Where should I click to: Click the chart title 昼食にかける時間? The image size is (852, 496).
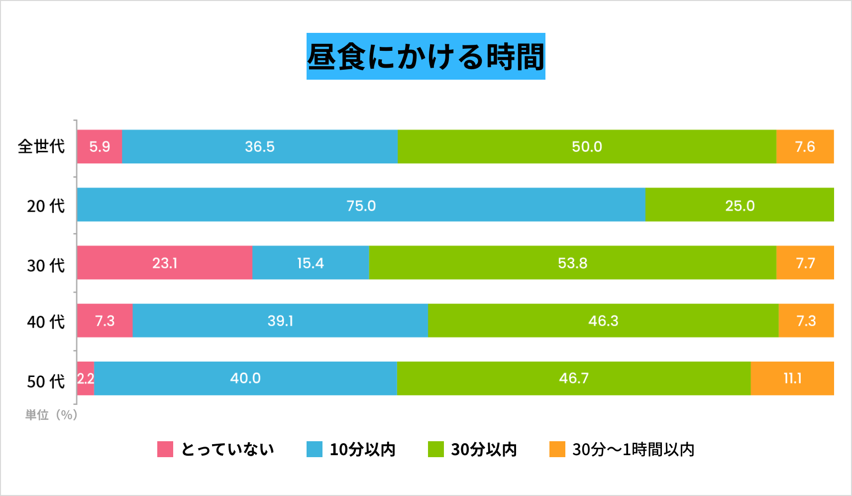pos(426,56)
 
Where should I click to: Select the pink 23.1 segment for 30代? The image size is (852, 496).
pos(165,262)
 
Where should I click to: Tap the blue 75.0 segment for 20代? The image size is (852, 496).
pos(361,205)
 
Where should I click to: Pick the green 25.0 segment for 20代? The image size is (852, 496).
pos(740,205)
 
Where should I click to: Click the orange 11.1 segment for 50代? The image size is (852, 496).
pos(792,378)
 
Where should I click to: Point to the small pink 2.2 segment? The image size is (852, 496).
pos(86,378)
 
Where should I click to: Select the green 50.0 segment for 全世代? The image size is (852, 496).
pos(587,146)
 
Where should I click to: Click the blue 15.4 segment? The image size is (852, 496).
pos(310,262)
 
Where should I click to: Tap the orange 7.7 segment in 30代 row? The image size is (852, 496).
pos(805,262)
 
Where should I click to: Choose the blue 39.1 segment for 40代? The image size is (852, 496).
pos(280,321)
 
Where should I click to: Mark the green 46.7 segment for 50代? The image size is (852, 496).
pos(573,378)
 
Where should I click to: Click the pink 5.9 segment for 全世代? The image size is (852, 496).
pos(100,146)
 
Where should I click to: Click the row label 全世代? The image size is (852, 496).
pos(41,146)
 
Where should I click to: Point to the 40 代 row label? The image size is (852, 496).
pos(46,322)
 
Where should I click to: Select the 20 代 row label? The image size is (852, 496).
pos(46,206)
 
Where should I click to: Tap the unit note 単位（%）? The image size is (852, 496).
pos(51,415)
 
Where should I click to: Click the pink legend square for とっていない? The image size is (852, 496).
pos(165,449)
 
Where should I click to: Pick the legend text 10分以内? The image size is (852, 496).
pos(362,449)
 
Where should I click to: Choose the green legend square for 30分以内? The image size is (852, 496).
pos(435,449)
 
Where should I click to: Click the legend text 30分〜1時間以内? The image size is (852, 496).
pos(633,449)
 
